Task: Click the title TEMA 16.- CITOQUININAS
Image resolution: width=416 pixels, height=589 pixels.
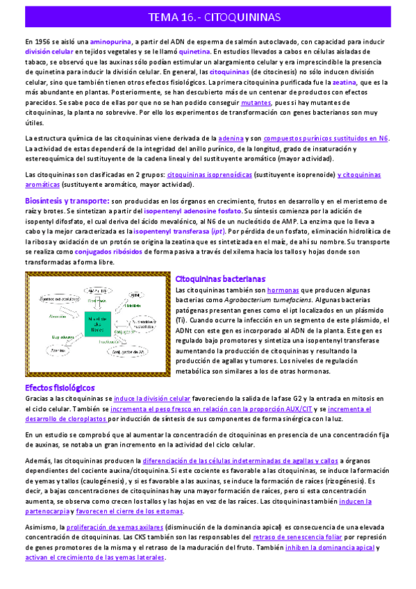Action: pyautogui.click(x=208, y=17)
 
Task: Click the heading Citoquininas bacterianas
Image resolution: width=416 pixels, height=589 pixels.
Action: pyautogui.click(x=220, y=278)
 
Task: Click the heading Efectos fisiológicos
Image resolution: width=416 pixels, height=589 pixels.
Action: pyautogui.click(x=60, y=387)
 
